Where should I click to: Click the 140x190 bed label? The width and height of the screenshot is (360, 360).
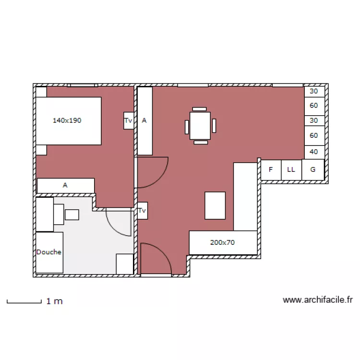point(67,120)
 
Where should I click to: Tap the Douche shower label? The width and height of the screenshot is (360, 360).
point(49,252)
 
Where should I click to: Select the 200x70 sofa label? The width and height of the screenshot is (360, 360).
point(222,242)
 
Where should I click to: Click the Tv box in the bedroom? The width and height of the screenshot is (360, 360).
point(129,120)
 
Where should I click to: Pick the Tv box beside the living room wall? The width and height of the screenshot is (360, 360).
point(143,211)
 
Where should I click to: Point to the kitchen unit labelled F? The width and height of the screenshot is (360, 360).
point(271,170)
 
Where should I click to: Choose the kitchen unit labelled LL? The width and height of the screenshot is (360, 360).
point(291,170)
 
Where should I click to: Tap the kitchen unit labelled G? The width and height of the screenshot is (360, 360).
point(313,170)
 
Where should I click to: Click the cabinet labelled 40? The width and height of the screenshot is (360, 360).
point(314,152)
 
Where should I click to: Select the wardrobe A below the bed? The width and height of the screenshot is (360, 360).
point(66,185)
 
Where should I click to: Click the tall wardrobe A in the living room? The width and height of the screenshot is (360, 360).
point(145,121)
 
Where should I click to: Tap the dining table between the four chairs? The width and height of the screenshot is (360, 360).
point(200,126)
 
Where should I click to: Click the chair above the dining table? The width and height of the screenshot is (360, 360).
point(199,109)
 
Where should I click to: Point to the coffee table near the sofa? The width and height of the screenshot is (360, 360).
point(215,205)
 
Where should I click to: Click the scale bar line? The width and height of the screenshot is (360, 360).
point(24,303)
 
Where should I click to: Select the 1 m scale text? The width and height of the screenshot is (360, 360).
point(54,301)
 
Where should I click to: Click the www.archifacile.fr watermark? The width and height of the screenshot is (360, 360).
point(318,300)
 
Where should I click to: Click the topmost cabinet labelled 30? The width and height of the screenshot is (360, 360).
point(314,92)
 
